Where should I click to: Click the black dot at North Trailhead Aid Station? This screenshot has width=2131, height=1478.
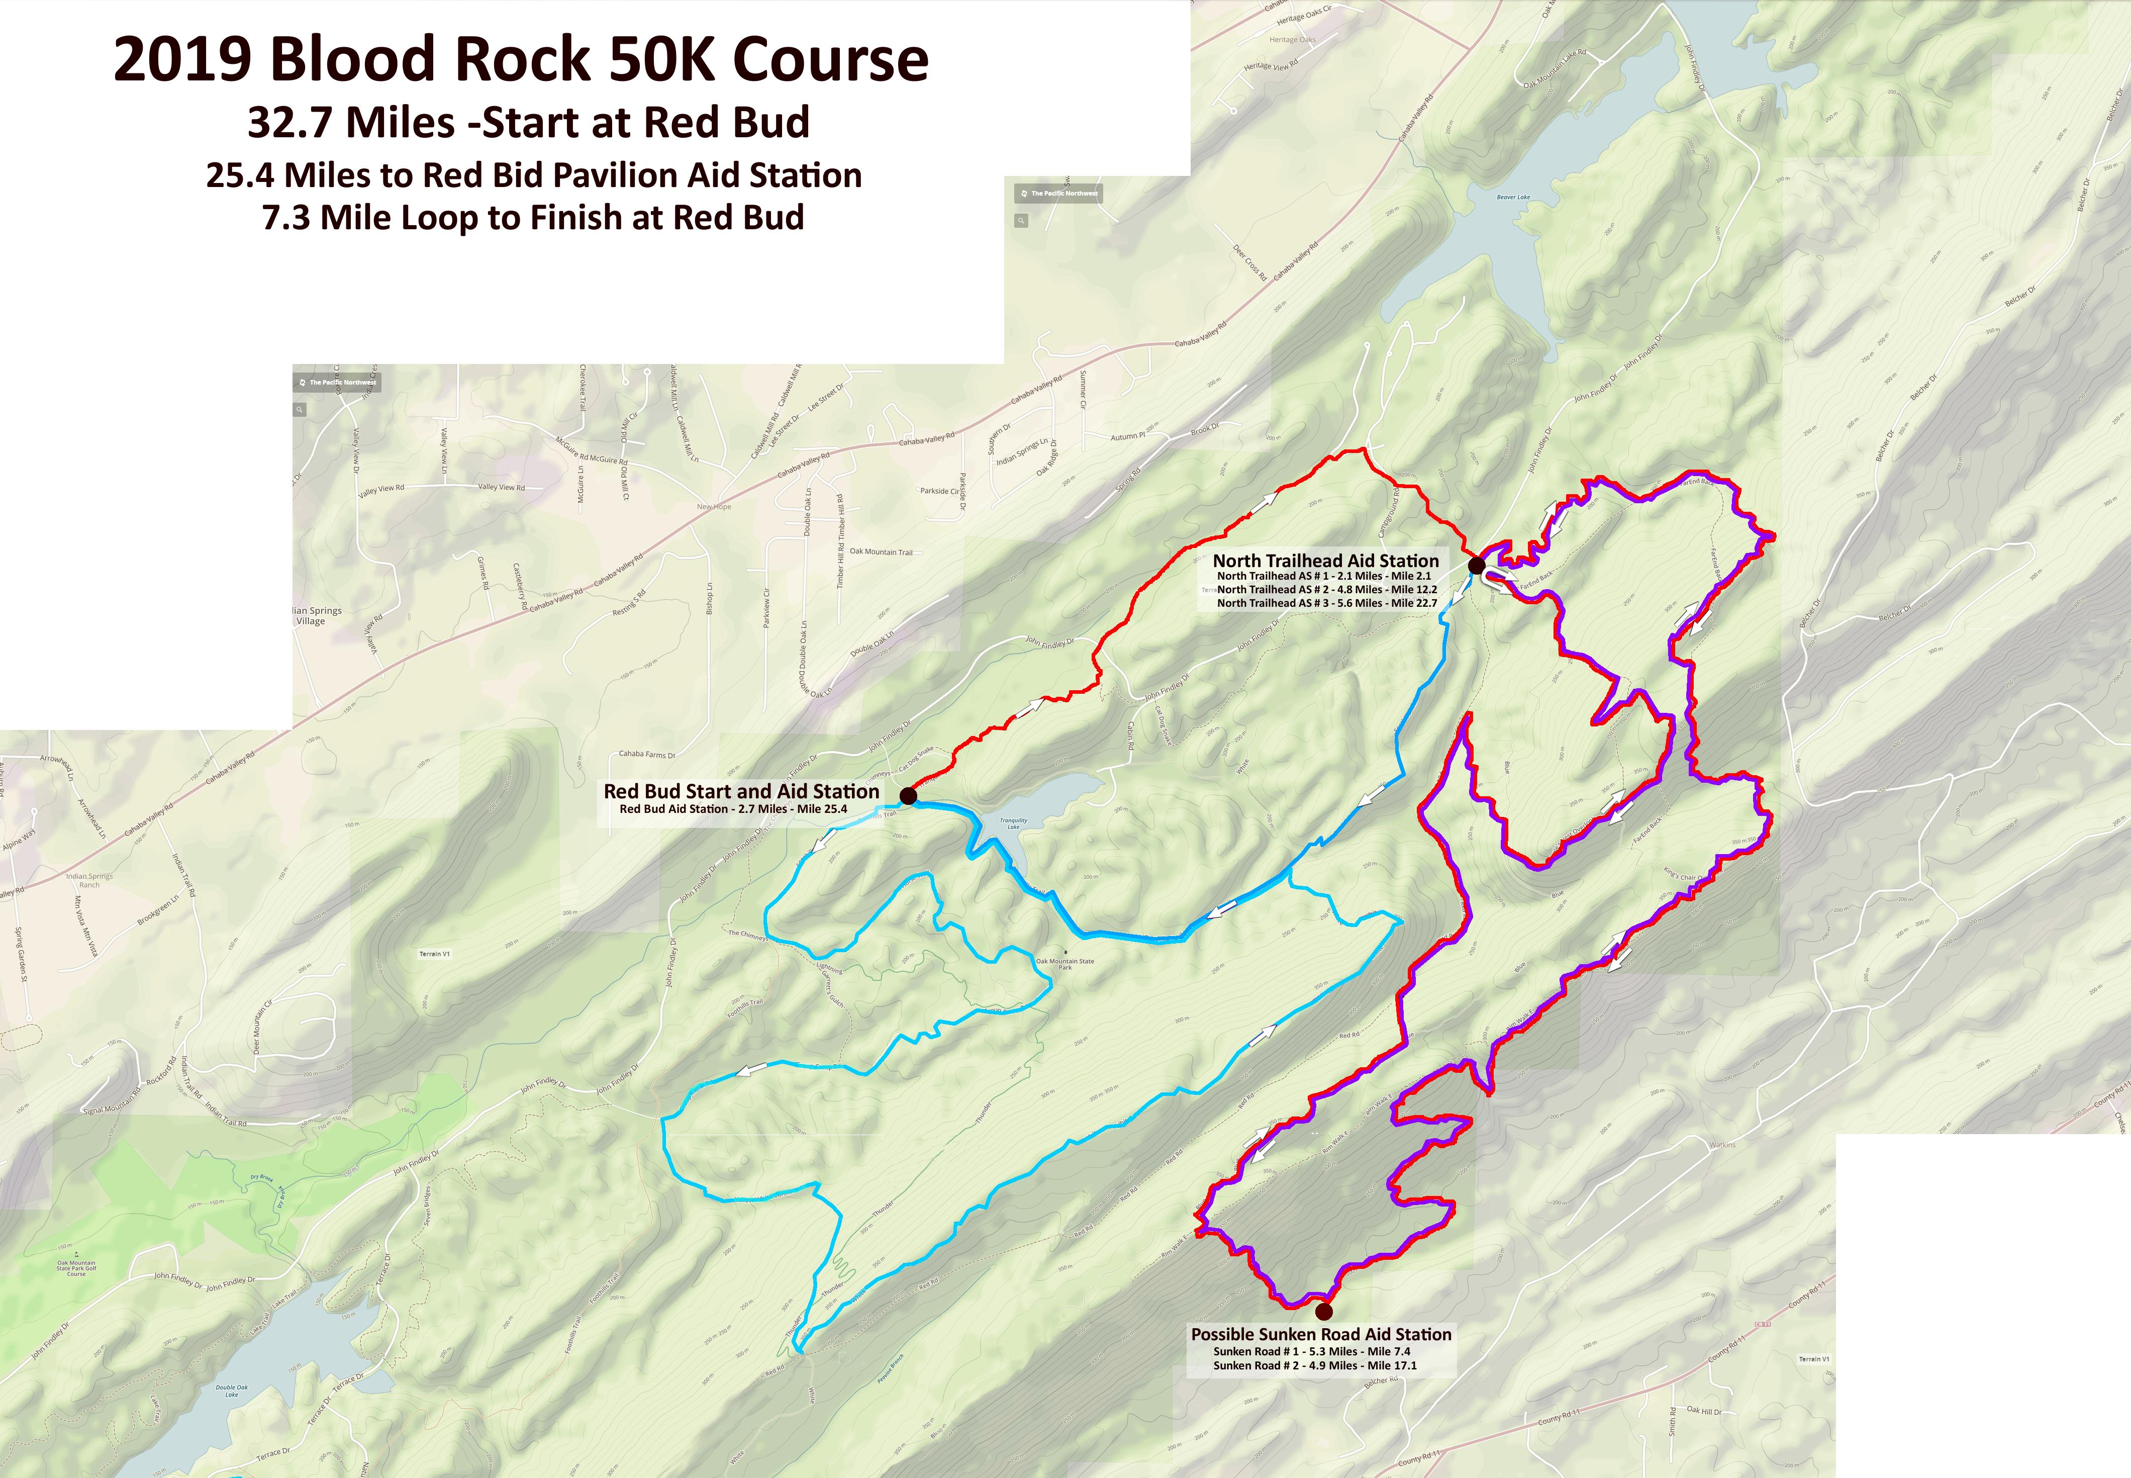(1477, 565)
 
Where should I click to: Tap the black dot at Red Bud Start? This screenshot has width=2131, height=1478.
(908, 795)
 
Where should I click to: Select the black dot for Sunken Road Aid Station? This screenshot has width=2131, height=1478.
(1324, 1311)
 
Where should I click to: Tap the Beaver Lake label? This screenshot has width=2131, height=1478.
(1513, 197)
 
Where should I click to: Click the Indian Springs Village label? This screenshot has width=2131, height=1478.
(315, 616)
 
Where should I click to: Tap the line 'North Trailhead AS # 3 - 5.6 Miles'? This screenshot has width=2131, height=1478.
(1326, 603)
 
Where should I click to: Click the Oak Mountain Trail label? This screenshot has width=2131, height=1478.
(881, 552)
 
